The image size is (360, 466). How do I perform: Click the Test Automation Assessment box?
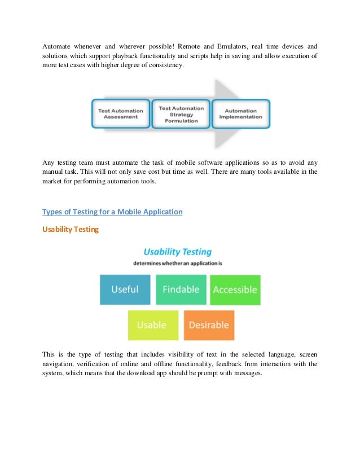(x=120, y=114)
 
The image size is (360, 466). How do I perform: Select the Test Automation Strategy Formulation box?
(x=181, y=114)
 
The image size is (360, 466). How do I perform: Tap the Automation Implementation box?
(x=240, y=114)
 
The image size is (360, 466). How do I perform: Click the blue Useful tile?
(x=125, y=289)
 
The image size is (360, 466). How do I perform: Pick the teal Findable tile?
(x=181, y=289)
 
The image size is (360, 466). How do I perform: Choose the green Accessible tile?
(x=235, y=290)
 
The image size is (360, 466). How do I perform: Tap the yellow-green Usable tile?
(x=152, y=325)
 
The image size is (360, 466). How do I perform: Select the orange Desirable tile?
(x=209, y=325)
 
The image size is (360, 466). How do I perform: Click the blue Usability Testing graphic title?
(x=178, y=252)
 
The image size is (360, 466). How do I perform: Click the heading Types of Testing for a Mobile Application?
(x=112, y=212)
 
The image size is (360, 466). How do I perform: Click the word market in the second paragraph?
(x=54, y=181)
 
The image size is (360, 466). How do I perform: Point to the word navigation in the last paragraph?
(x=60, y=364)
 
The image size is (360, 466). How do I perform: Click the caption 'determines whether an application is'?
(x=178, y=263)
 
